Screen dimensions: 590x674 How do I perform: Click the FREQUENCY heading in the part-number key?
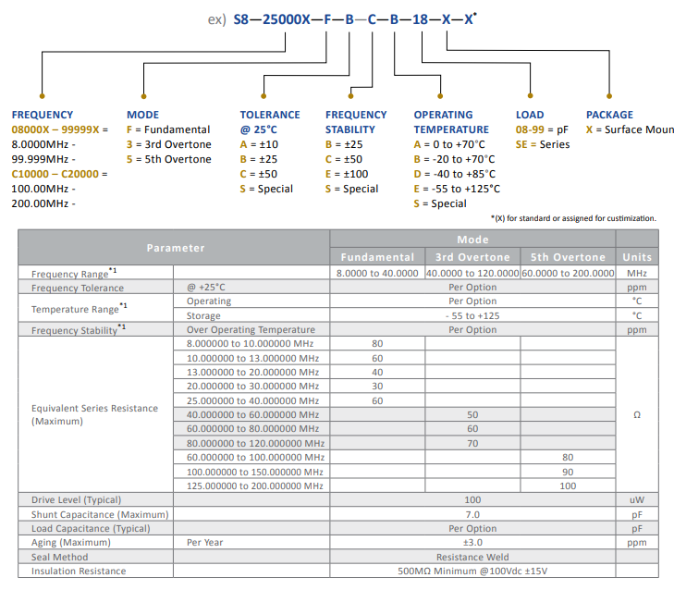(x=42, y=115)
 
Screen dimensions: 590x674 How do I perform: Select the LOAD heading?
(x=530, y=115)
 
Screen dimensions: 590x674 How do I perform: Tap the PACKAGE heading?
(x=610, y=115)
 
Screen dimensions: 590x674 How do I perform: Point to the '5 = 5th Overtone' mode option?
(x=168, y=159)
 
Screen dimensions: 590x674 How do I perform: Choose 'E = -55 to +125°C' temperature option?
(x=457, y=189)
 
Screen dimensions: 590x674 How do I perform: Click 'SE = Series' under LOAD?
(x=543, y=144)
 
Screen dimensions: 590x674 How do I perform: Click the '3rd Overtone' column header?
(x=472, y=257)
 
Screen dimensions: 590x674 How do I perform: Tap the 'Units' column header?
(x=637, y=257)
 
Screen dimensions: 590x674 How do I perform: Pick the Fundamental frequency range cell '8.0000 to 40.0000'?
(x=377, y=273)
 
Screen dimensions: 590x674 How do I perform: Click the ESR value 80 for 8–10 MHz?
(x=377, y=344)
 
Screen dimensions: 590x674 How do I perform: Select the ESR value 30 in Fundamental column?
(x=377, y=387)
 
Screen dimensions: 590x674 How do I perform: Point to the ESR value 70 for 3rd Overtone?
(x=472, y=443)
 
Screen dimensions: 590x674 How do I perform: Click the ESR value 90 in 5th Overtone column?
(x=568, y=472)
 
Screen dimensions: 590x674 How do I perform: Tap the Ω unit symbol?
(x=637, y=415)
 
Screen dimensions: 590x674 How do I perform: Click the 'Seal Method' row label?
(x=60, y=557)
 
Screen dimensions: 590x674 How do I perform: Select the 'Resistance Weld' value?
(x=472, y=557)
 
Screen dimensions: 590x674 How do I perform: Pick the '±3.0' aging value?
(x=472, y=543)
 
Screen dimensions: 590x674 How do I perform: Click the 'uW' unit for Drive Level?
(x=637, y=500)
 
